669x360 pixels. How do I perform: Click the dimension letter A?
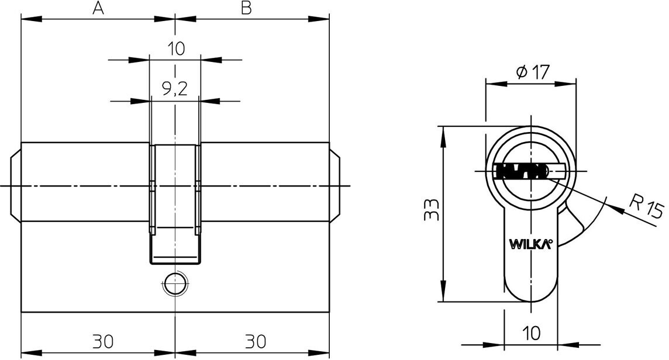(x=98, y=8)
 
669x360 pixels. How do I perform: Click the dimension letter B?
(x=246, y=8)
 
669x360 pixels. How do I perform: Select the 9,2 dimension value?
(x=175, y=89)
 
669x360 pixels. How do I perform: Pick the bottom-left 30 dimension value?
(x=103, y=340)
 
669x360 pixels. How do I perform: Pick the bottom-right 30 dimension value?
(x=256, y=340)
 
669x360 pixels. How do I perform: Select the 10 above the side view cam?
(x=175, y=48)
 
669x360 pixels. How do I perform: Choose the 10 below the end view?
(x=531, y=334)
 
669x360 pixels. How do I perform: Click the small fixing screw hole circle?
(x=174, y=285)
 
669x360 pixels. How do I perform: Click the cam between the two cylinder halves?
(x=175, y=199)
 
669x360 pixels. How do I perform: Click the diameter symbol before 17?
(x=521, y=72)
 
